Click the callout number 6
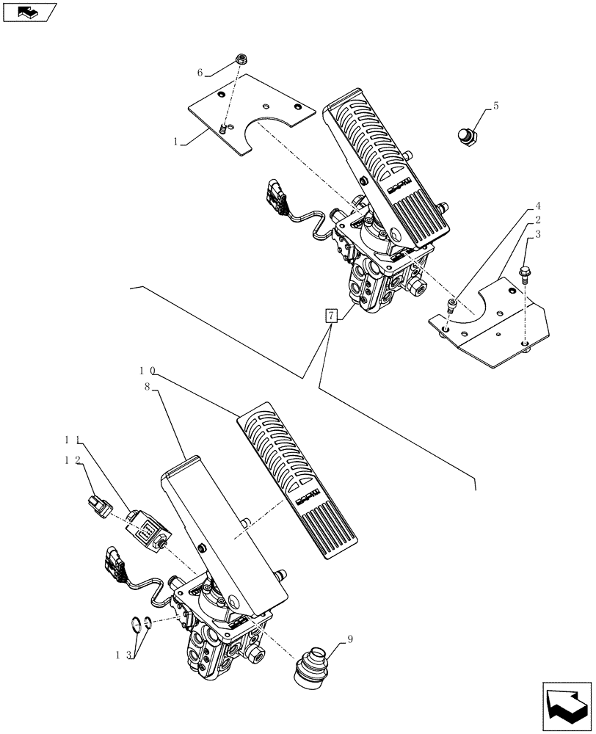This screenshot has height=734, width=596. (x=199, y=72)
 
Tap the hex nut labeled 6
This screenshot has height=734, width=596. (x=241, y=59)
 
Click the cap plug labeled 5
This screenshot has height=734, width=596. (x=467, y=137)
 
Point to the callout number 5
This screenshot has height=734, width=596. (x=495, y=106)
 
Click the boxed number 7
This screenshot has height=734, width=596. (x=331, y=316)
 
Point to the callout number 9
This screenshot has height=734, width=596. (x=350, y=639)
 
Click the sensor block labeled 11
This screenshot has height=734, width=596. (x=147, y=529)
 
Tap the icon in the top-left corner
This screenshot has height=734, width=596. (x=29, y=12)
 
